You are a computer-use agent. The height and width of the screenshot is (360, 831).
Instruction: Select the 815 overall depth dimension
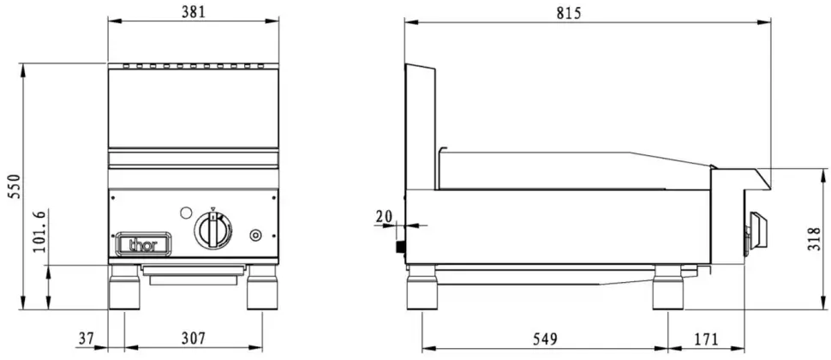569,12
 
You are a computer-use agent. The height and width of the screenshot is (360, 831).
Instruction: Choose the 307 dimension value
193,339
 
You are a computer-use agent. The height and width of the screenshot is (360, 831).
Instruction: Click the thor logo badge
144,244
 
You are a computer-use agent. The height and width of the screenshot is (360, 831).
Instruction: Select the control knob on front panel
212,231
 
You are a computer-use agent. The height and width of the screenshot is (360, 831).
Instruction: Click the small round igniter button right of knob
254,235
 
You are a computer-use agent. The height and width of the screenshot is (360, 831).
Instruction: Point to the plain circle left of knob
186,212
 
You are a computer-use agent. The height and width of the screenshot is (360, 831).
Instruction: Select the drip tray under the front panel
193,273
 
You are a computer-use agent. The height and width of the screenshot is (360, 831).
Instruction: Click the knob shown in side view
756,230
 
